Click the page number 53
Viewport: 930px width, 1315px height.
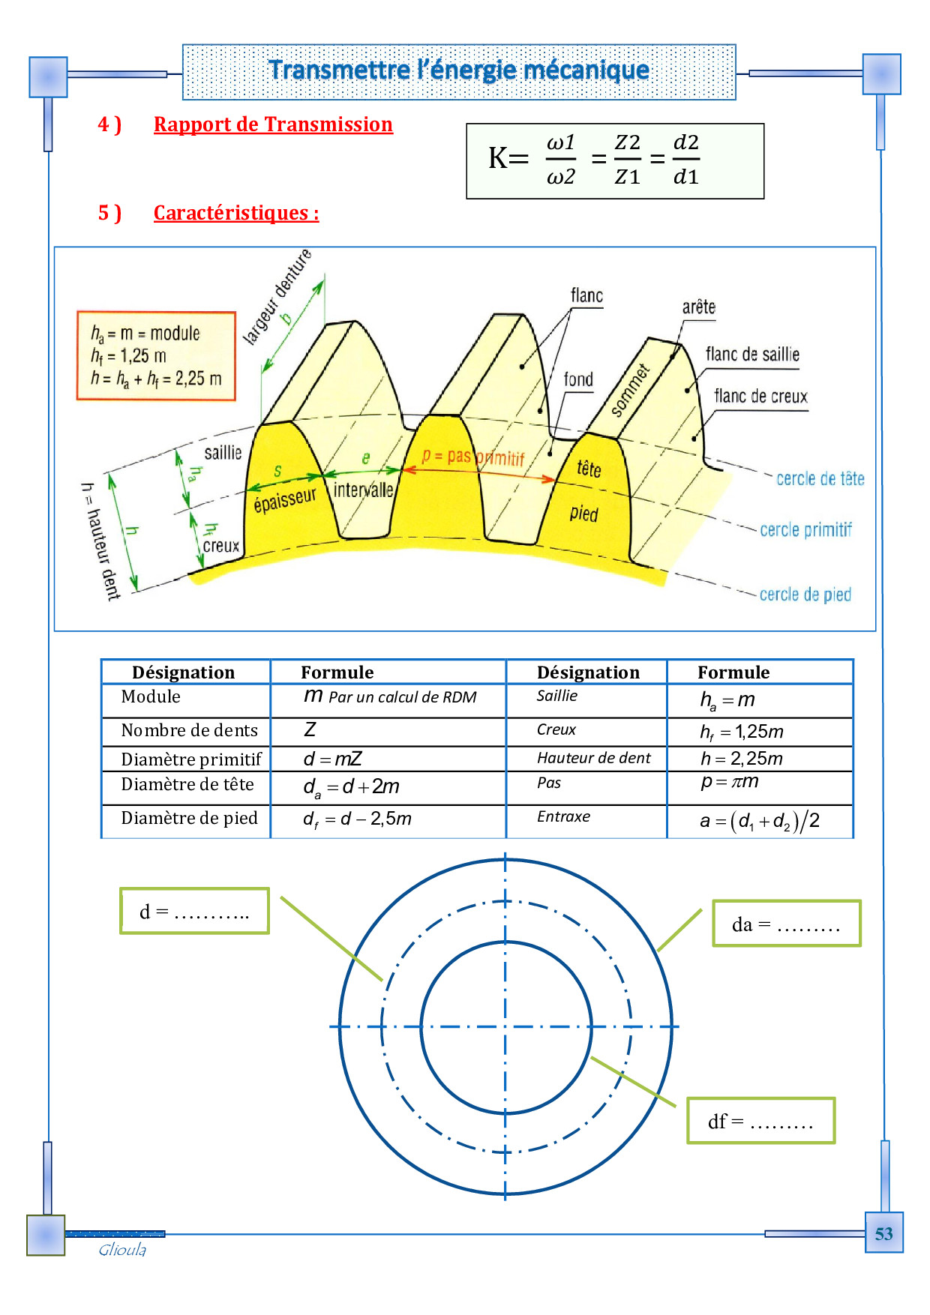(883, 1233)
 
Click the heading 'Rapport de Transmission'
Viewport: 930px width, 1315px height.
(273, 124)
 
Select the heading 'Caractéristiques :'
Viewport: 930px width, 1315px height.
(236, 213)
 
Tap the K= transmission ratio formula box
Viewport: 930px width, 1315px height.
(615, 160)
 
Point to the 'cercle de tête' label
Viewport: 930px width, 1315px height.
(820, 478)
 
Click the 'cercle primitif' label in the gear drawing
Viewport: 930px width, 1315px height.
(805, 530)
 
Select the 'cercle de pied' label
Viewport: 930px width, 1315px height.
(805, 595)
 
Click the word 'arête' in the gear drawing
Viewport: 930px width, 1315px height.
(698, 307)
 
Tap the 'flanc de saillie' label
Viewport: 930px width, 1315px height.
(752, 355)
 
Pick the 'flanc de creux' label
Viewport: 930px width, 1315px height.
(760, 397)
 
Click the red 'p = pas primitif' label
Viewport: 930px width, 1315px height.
(472, 457)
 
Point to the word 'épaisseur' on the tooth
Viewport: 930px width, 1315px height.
(285, 499)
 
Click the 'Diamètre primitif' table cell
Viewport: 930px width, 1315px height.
(191, 759)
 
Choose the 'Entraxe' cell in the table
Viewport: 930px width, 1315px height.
(563, 816)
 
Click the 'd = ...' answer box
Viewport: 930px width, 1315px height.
(194, 911)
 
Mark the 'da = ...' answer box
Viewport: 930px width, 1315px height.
(786, 924)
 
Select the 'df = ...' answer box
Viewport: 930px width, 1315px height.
(760, 1121)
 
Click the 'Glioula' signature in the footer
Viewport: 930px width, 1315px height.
(122, 1250)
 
